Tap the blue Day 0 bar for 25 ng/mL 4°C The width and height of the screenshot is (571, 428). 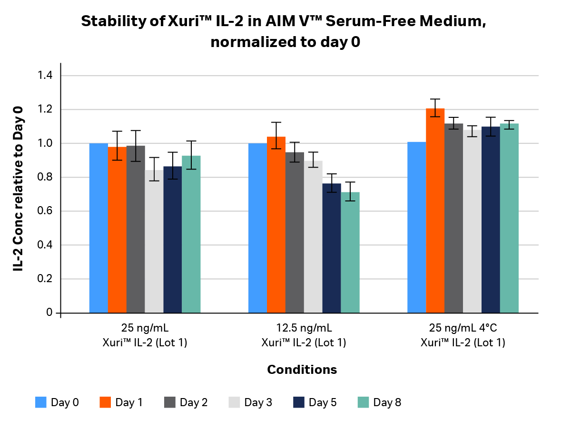point(416,228)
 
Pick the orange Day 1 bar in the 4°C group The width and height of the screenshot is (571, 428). point(435,211)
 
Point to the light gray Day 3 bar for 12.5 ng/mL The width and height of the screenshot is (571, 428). point(313,237)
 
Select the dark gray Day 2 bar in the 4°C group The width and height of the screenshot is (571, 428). point(453,219)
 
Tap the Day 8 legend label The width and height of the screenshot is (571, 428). point(387,402)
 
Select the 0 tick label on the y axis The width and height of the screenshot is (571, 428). point(49,313)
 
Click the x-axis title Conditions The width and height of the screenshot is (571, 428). point(302,370)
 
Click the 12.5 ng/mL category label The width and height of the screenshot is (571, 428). point(304,328)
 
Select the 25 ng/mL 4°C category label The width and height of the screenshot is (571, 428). point(463,328)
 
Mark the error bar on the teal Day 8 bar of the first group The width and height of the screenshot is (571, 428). point(191,155)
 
